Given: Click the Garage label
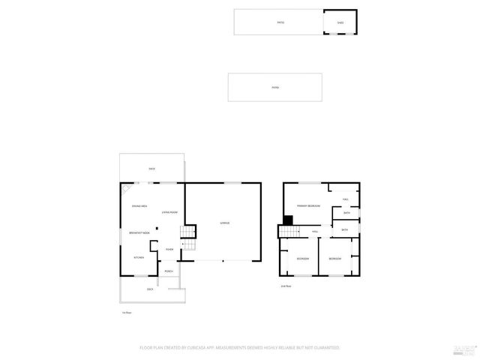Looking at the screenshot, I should click(x=224, y=223).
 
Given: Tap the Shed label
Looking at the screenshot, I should click(x=340, y=22).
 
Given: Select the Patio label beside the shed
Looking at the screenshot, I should click(x=280, y=22).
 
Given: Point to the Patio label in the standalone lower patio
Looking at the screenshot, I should click(x=275, y=88).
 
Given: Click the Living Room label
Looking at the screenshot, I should click(x=169, y=213).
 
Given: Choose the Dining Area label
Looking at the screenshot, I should click(x=139, y=205).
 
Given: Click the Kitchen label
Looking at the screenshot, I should click(x=139, y=257).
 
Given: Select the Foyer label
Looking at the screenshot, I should click(x=169, y=249).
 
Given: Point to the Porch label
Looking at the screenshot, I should click(x=169, y=271).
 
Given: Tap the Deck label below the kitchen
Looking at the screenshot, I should click(x=150, y=289).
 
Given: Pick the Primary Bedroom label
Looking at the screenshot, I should click(x=307, y=205).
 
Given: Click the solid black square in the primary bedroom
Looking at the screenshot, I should click(x=287, y=220).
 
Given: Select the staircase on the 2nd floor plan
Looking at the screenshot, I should click(x=289, y=231).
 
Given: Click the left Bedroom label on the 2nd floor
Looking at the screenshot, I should click(x=302, y=259).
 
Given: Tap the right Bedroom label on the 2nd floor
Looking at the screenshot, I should click(x=334, y=259).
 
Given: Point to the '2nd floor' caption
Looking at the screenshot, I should click(x=285, y=286).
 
